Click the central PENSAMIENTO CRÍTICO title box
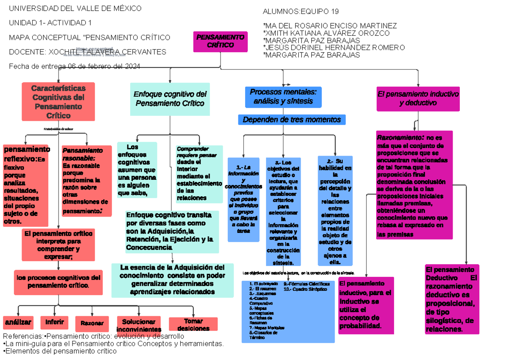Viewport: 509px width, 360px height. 220,42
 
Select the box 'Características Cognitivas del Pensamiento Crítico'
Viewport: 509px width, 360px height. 58,102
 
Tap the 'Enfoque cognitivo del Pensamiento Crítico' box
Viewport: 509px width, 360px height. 170,99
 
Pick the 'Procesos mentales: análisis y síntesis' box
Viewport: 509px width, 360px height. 283,97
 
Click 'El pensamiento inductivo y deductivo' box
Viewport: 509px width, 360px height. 418,98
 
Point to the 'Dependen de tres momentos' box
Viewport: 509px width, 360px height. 292,120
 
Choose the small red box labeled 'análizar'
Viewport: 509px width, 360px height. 18,323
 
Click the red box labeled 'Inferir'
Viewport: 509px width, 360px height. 54,323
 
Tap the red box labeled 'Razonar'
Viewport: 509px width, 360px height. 92,324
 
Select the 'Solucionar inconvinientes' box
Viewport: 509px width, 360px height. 138,324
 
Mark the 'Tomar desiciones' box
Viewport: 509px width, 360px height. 193,324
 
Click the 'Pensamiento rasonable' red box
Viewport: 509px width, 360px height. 87,181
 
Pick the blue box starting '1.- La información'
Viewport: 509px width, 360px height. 243,199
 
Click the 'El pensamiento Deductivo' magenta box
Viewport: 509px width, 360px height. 452,299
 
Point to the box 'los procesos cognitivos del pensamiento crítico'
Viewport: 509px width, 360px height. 58,282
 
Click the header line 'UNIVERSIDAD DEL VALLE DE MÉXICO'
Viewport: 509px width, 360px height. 76,8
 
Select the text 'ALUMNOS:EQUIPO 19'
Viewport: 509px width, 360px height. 301,11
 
